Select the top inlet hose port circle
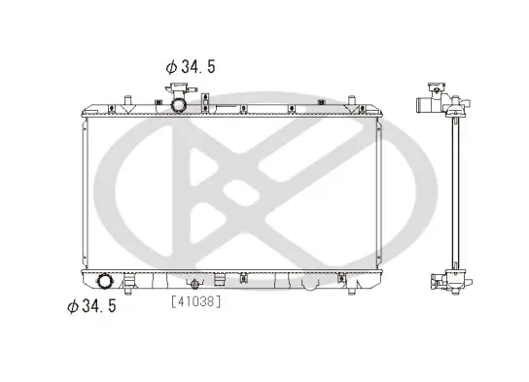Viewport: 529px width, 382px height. point(180,102)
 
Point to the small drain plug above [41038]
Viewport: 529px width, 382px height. point(194,284)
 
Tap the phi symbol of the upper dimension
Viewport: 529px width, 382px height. point(171,67)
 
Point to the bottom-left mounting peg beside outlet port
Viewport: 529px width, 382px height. point(128,284)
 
